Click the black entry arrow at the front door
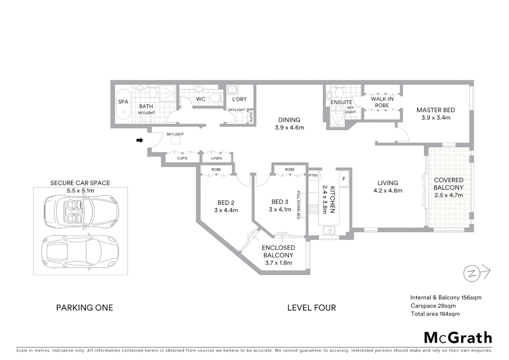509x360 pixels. (140, 140)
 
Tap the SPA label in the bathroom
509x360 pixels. (123, 102)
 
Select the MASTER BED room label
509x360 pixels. (435, 110)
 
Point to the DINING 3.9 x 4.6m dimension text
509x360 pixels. (289, 127)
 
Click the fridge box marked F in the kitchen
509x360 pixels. (343, 179)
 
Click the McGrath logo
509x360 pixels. (458, 338)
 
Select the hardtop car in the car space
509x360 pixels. (80, 251)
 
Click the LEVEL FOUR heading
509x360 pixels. (311, 308)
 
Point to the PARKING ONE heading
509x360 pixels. (84, 308)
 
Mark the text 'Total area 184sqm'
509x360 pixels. (435, 314)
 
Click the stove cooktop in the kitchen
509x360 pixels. (313, 209)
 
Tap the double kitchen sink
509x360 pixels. (329, 230)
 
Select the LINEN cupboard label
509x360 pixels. (217, 158)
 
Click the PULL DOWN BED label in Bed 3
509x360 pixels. (298, 205)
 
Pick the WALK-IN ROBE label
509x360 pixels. (382, 102)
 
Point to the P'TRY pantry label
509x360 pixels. (313, 176)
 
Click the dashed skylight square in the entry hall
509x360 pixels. (175, 141)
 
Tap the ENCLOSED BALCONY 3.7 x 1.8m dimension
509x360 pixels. (278, 263)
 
